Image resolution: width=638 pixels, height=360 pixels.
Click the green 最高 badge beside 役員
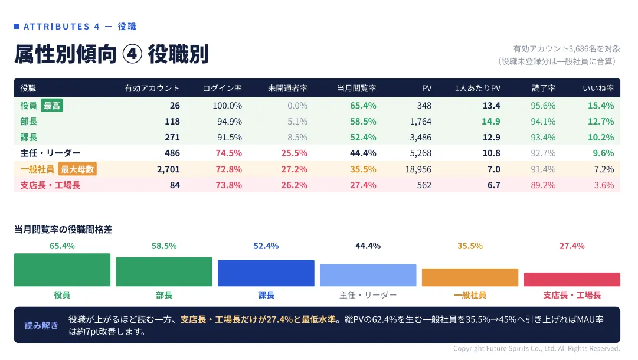pos(52,106)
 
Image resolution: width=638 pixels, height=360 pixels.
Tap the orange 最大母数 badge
pos(77,169)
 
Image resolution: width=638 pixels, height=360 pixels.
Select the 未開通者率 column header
pos(287,89)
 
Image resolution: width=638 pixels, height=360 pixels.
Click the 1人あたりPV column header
pos(477,89)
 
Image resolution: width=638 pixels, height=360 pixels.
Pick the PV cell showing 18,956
pos(418,169)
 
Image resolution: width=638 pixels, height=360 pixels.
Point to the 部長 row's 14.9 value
pos(491,122)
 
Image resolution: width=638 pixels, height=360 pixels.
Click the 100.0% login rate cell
pos(227,106)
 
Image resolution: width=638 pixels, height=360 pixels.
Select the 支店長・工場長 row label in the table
pos(50,185)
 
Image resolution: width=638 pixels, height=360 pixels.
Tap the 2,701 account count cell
pos(168,169)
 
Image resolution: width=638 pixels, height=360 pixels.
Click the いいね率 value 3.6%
pos(604,185)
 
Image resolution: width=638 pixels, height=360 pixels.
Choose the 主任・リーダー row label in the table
pos(50,153)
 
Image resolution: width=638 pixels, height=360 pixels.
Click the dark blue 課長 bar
pos(266,273)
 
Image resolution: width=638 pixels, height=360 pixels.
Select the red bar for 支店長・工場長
pos(572,280)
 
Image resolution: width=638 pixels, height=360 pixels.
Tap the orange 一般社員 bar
pos(470,277)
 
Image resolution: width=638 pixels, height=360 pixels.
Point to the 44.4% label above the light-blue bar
pos(368,246)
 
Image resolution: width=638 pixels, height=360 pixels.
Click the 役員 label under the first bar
pos(62,295)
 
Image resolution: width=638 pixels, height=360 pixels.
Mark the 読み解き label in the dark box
pos(41,325)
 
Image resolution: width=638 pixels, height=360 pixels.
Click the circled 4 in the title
pos(132,54)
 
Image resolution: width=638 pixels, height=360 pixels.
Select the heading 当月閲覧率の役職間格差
pos(63,230)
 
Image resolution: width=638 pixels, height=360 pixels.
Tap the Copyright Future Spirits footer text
pos(536,349)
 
